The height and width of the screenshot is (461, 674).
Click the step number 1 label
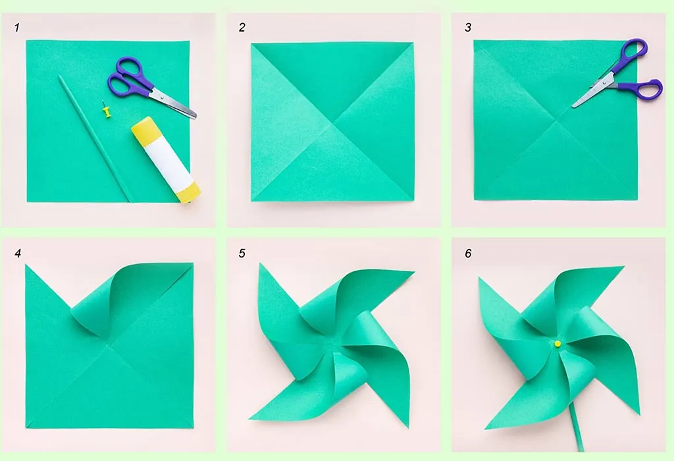18,28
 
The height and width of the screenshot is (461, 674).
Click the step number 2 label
242,28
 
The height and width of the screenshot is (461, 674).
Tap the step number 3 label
468,28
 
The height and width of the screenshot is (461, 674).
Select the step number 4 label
18,254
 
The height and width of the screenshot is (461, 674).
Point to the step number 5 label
242,254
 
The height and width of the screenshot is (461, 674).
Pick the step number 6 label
468,254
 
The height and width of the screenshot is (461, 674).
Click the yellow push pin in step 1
105,110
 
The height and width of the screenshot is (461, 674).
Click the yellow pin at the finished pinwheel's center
557,343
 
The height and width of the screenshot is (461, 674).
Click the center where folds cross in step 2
334,122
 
